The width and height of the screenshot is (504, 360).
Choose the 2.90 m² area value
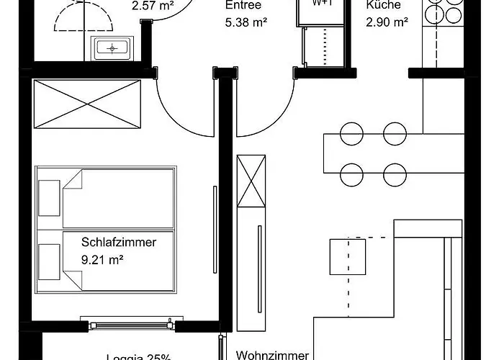[387, 22]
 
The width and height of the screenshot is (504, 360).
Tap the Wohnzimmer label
[273, 355]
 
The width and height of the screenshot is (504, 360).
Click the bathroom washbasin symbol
[112, 48]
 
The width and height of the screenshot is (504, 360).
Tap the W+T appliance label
[322, 4]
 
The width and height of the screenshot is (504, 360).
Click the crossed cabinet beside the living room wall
[253, 180]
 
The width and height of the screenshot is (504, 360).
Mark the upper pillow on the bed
[49, 197]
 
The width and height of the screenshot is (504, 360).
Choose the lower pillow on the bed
[49, 261]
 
